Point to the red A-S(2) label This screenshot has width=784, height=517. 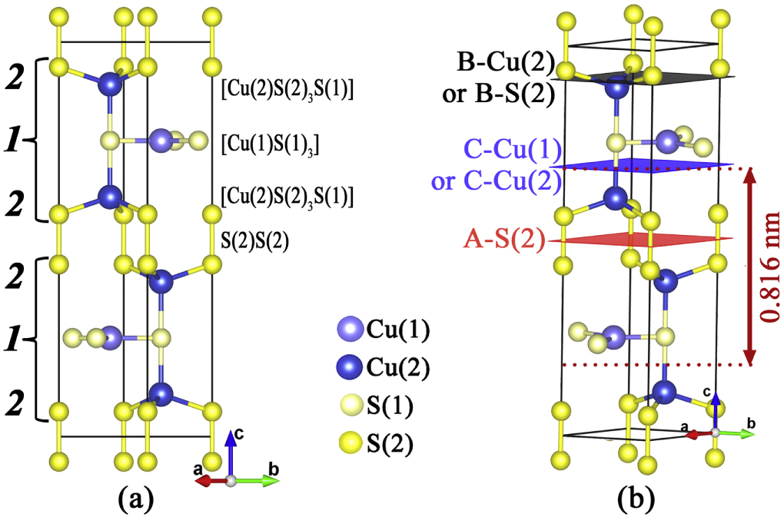point(503,240)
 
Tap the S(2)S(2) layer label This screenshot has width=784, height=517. point(255,240)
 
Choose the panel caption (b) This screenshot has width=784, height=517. point(637,500)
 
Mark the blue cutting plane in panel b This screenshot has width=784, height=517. point(646,165)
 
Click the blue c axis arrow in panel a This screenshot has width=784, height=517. point(230,453)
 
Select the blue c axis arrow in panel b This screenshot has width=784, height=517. point(715,411)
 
